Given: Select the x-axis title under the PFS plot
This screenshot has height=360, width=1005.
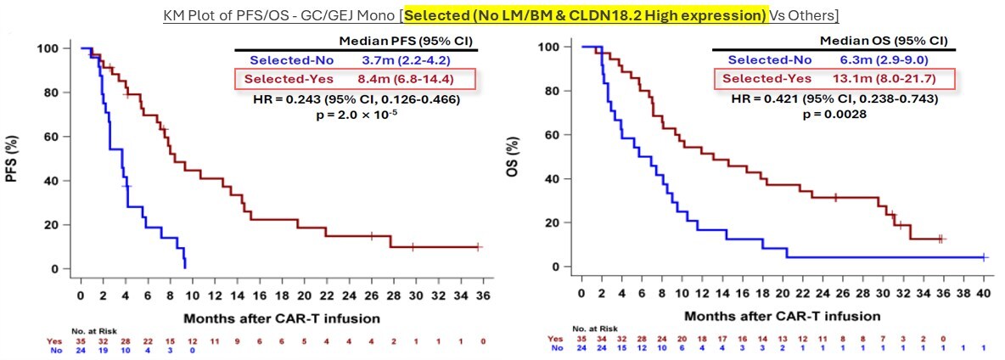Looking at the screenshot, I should (x=281, y=318).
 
